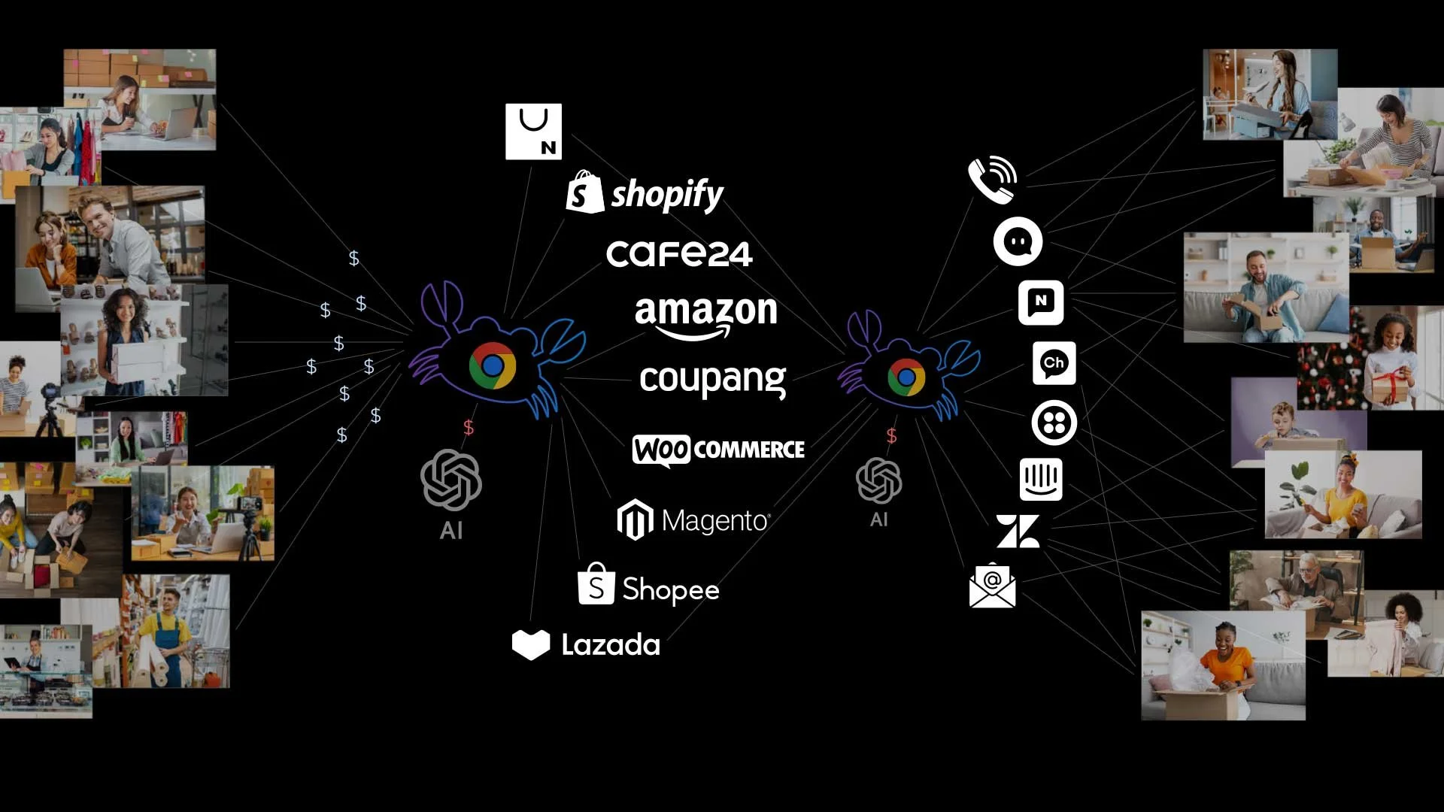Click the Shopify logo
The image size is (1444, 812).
pos(645,193)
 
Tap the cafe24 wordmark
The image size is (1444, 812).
pos(679,254)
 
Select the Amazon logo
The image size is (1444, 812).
pos(705,316)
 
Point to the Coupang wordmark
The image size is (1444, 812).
pos(712,380)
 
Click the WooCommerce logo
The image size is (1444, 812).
pos(718,450)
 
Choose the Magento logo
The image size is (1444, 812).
pos(693,520)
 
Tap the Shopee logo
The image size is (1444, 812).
pos(648,586)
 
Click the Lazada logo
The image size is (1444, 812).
pos(586,645)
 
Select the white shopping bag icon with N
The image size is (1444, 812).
pos(533,132)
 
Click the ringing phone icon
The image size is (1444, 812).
pos(992,180)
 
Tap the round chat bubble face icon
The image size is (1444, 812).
pos(1018,241)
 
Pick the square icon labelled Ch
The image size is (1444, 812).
pos(1054,363)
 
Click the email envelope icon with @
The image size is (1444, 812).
pos(992,585)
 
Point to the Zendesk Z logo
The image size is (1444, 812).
pos(1018,531)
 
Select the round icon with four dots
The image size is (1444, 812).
pos(1054,423)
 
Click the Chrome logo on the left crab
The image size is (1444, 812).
pos(493,365)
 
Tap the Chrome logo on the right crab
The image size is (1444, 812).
pos(906,377)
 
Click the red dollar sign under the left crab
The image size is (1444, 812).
pos(469,428)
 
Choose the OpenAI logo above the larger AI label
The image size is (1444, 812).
pos(451,480)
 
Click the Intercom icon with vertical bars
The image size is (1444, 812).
pos(1041,479)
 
